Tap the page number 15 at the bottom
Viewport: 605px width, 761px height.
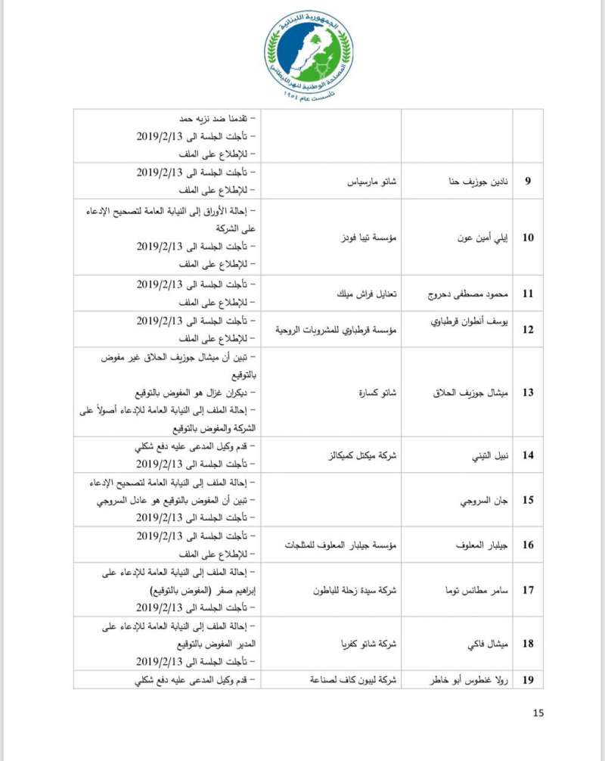(538, 713)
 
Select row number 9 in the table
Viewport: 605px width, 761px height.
(529, 182)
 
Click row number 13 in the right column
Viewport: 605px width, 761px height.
(529, 393)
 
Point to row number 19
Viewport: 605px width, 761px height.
(529, 680)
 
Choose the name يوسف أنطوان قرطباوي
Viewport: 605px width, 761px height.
(464, 330)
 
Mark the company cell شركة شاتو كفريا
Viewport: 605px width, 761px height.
(365, 644)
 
